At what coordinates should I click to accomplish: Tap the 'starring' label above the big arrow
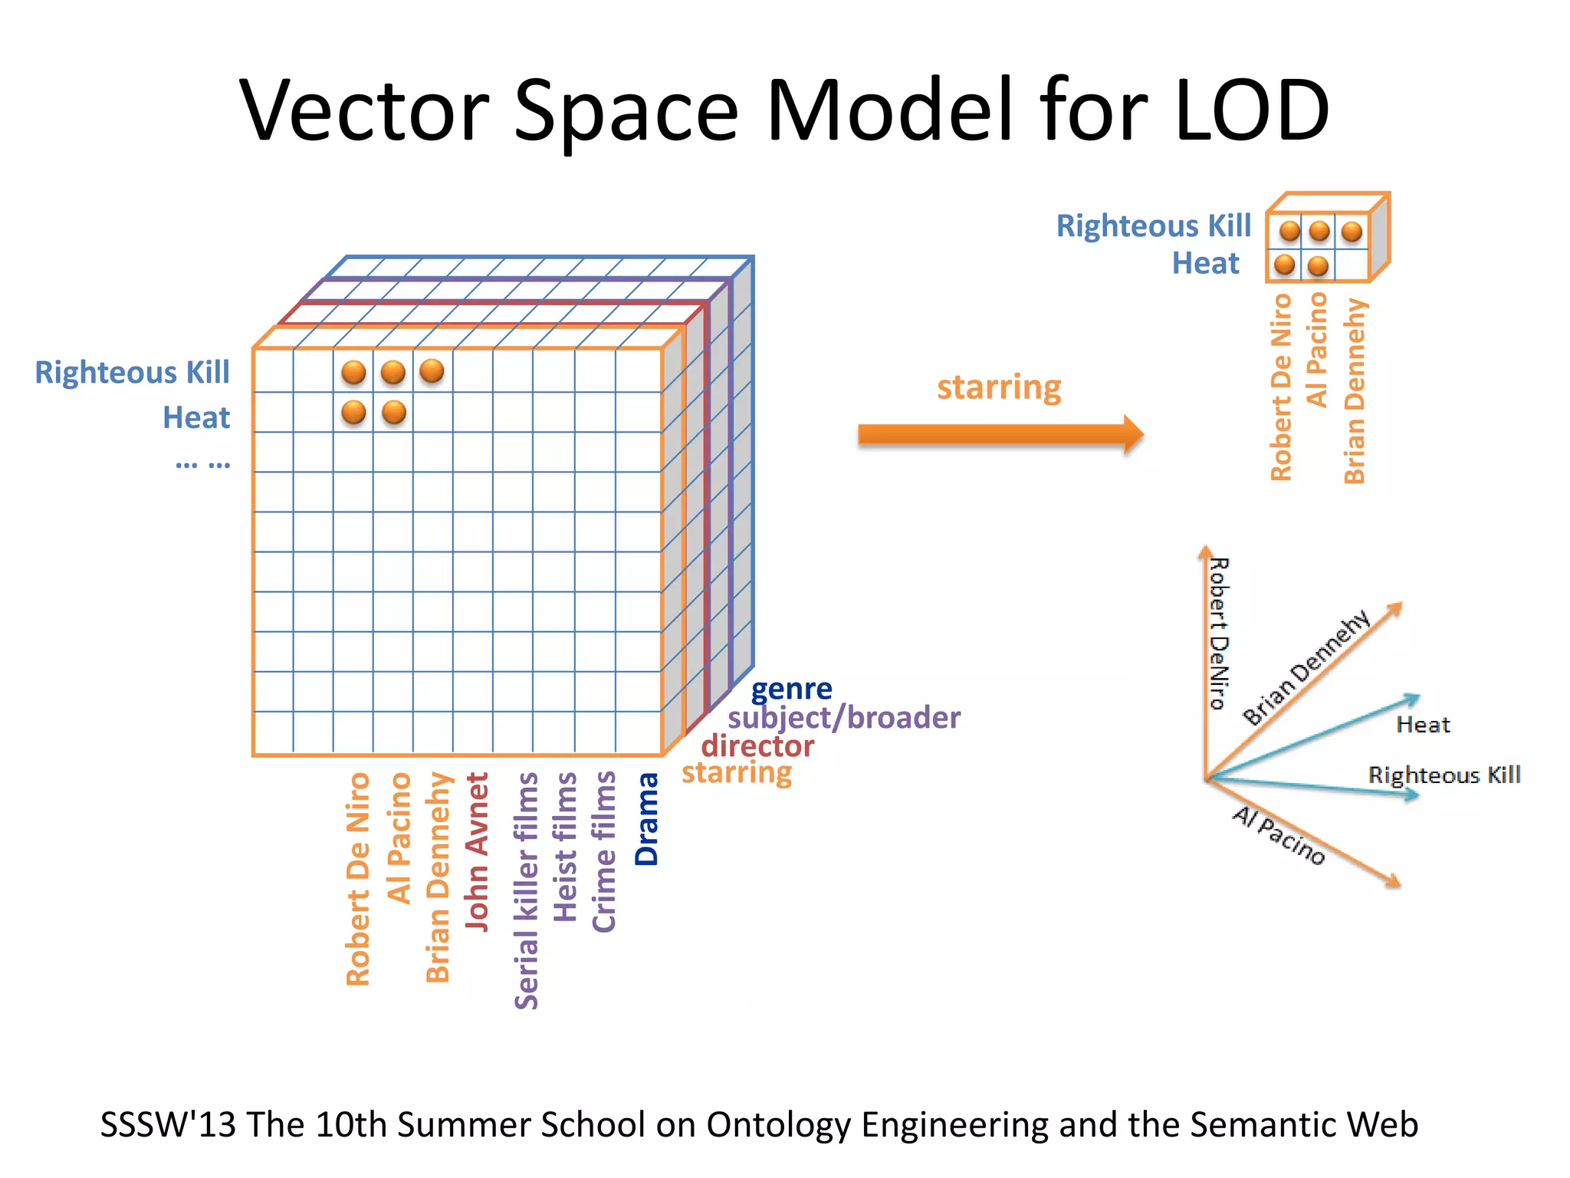point(999,387)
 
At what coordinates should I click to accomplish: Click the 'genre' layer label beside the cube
point(791,689)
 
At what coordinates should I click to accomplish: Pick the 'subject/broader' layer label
point(843,718)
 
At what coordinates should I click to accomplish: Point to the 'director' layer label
point(757,745)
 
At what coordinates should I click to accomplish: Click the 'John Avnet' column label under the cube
point(477,851)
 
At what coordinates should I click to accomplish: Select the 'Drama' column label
point(647,818)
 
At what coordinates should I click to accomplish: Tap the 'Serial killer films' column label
point(527,890)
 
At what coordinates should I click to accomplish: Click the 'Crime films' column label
point(604,851)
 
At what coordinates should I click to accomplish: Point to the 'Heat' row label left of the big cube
point(196,418)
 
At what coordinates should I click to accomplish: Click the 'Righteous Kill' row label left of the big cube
point(132,373)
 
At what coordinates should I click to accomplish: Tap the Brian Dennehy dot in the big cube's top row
point(432,371)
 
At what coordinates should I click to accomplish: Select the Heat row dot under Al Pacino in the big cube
point(393,413)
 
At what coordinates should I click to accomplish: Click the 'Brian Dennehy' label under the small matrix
point(1355,391)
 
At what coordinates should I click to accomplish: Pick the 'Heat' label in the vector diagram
point(1423,725)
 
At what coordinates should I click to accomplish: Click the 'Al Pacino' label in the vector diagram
point(1279,835)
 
